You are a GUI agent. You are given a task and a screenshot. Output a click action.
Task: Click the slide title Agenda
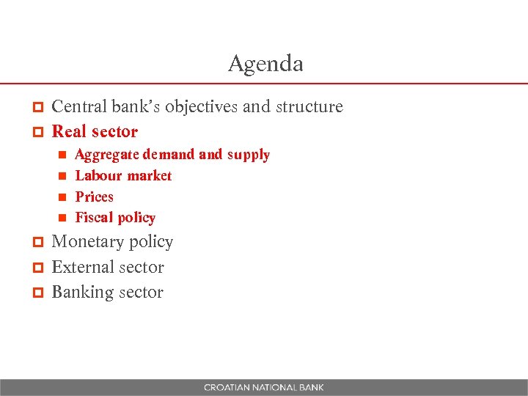pyautogui.click(x=265, y=64)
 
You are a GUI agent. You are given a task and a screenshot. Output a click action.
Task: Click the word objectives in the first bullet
pyautogui.click(x=201, y=107)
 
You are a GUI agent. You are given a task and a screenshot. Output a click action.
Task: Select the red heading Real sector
pyautogui.click(x=95, y=132)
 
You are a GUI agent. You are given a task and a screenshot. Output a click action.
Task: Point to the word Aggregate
pyautogui.click(x=107, y=155)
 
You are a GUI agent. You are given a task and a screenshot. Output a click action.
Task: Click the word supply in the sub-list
pyautogui.click(x=248, y=155)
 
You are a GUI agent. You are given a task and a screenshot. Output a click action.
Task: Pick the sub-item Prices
pyautogui.click(x=94, y=197)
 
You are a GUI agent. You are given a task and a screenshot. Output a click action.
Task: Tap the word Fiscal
pyautogui.click(x=93, y=217)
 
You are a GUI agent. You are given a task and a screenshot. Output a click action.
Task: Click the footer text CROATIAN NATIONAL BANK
pyautogui.click(x=264, y=387)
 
